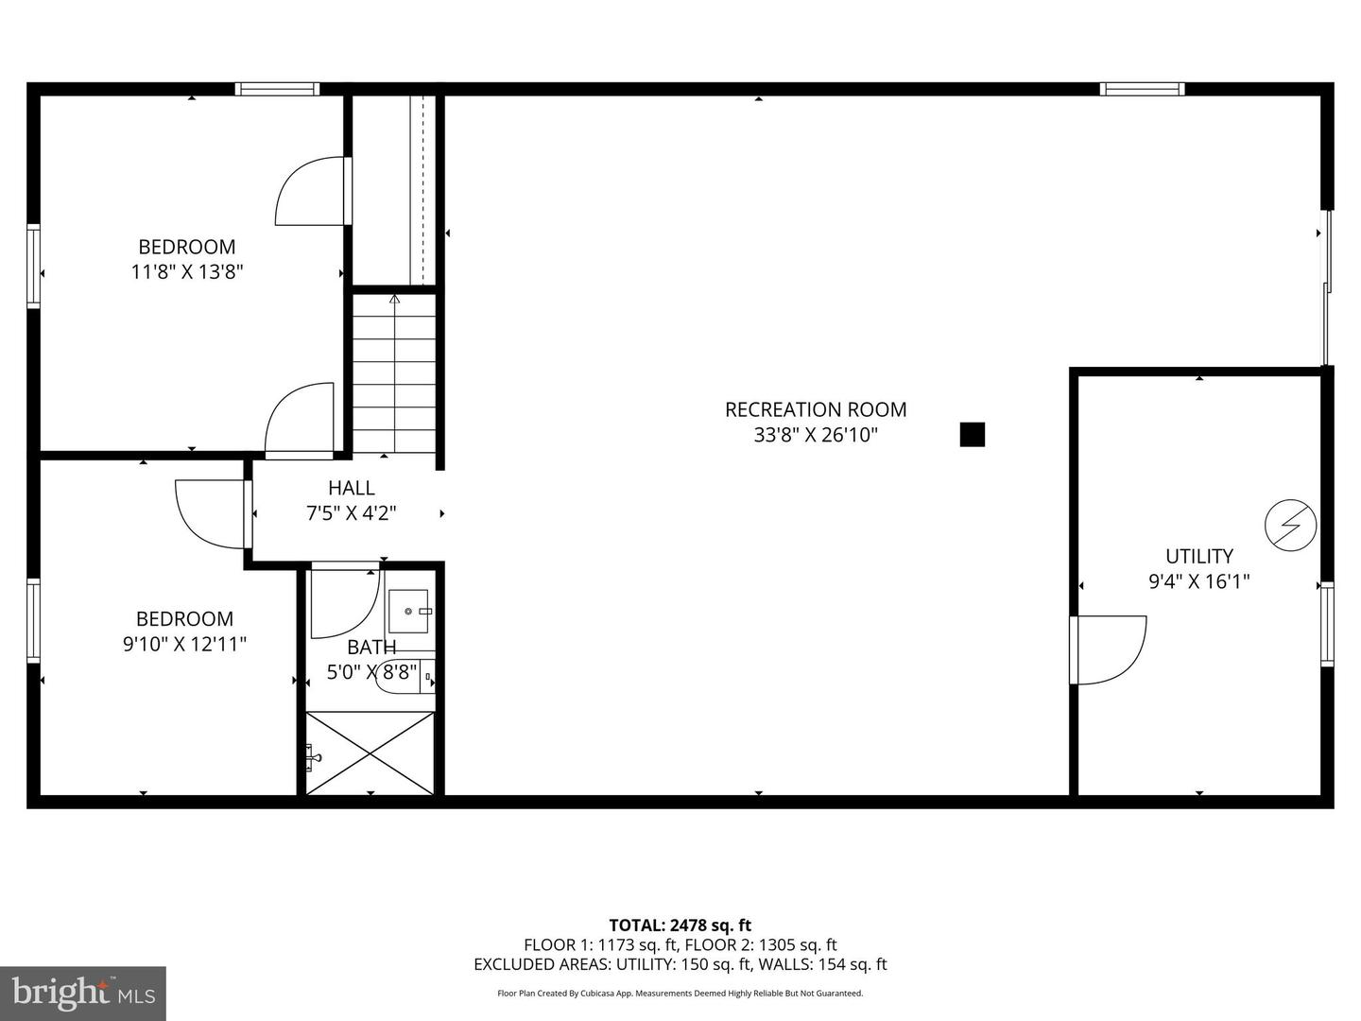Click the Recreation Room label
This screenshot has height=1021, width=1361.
tap(815, 409)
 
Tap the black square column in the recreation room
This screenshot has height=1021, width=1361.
tap(972, 434)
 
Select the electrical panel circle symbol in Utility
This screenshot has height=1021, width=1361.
tap(1290, 525)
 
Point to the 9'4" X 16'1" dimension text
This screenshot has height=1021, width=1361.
tap(1198, 581)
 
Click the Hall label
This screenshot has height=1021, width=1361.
tap(351, 488)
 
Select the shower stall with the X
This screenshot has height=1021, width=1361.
tap(370, 753)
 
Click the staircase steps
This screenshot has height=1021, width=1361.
tap(394, 373)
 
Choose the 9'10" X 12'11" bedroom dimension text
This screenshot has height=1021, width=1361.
tap(184, 644)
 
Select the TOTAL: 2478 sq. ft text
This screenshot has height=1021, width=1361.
tap(680, 925)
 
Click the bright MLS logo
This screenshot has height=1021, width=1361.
tap(82, 993)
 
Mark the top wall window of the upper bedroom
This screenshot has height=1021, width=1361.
tap(277, 89)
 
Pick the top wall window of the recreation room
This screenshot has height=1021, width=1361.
tap(1142, 89)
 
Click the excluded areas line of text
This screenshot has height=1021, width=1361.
tap(680, 964)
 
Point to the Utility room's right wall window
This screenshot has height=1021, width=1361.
tap(1327, 624)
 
